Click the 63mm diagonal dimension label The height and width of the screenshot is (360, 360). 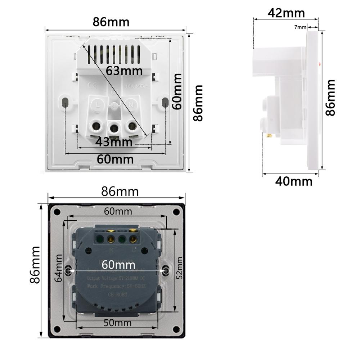tap(124, 71)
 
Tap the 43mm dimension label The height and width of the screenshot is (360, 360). tap(114, 142)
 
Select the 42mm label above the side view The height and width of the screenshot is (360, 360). tap(286, 13)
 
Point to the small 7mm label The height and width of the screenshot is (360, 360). tap(300, 27)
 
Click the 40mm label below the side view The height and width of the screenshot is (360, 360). tap(294, 181)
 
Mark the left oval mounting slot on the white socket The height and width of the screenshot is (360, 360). tap(66, 102)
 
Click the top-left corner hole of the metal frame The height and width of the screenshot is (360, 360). tap(58, 212)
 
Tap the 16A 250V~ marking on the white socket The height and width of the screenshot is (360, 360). tap(135, 87)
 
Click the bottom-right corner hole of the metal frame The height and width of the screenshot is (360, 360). tap(176, 328)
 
